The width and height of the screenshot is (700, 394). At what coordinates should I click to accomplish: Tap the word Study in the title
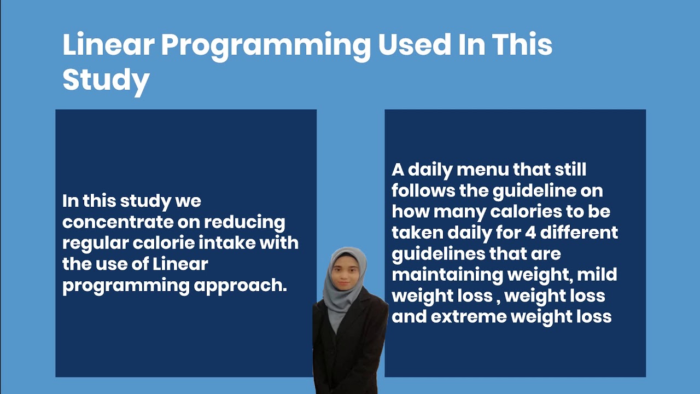click(x=106, y=80)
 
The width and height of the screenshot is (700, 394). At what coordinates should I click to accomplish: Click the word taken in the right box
click(x=418, y=233)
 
